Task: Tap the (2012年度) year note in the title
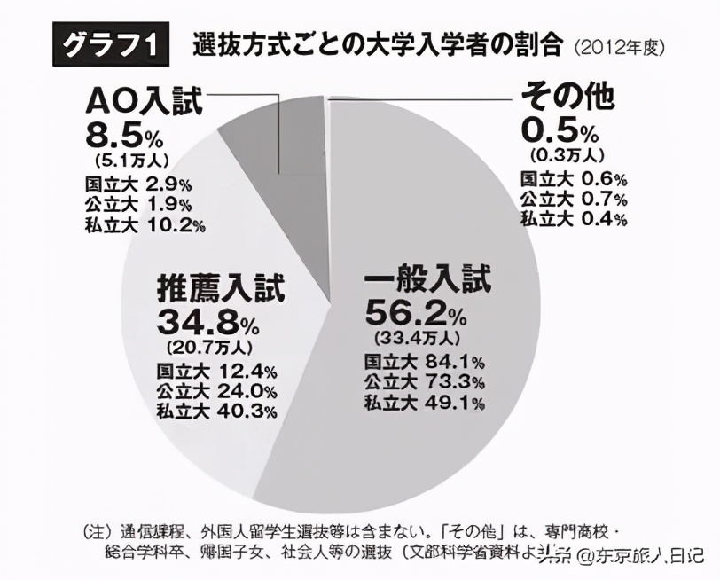(x=619, y=47)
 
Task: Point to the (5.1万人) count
(x=128, y=161)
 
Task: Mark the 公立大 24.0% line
(x=217, y=389)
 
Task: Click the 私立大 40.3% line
(x=217, y=410)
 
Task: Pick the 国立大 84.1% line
(x=424, y=361)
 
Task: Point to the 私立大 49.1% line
(x=424, y=404)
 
